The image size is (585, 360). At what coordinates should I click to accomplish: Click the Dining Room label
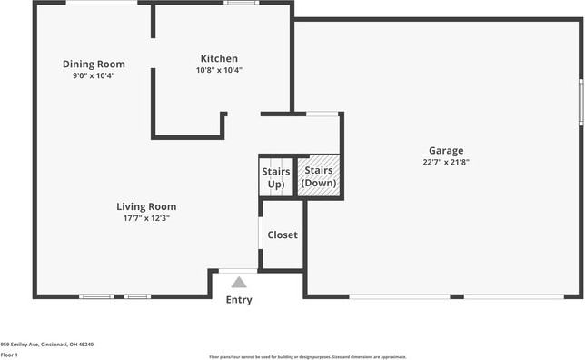(94, 64)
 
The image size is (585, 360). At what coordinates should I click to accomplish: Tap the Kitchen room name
(219, 57)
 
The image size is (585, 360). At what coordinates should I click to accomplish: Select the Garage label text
(446, 150)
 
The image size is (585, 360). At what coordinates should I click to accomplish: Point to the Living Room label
(146, 206)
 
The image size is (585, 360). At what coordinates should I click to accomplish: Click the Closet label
(283, 235)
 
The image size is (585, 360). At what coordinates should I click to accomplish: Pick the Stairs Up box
(276, 177)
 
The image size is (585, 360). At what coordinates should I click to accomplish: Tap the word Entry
(239, 300)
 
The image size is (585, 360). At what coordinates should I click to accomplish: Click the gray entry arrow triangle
(239, 283)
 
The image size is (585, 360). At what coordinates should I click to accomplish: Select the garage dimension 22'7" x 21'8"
(446, 162)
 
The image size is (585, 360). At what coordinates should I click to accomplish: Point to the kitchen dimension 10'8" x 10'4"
(219, 70)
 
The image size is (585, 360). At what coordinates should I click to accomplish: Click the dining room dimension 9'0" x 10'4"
(94, 75)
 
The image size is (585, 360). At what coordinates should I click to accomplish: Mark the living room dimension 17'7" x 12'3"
(146, 218)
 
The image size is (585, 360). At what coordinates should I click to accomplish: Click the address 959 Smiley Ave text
(46, 345)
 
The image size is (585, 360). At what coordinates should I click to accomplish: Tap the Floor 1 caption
(10, 355)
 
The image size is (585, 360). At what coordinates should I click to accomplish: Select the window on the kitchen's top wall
(241, 3)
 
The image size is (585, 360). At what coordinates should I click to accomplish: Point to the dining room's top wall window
(102, 3)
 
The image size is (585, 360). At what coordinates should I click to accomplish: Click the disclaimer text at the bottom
(308, 357)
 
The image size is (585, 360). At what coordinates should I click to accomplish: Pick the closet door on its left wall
(261, 235)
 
